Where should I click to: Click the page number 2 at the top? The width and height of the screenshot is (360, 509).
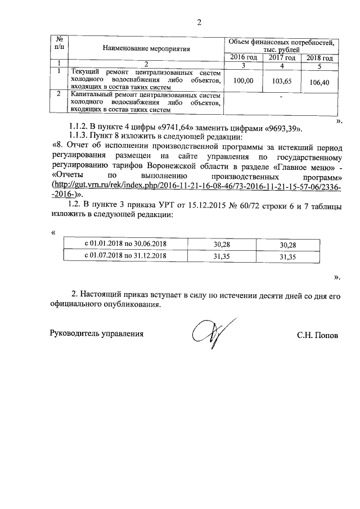click(199, 23)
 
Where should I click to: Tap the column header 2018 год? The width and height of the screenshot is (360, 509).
click(318, 58)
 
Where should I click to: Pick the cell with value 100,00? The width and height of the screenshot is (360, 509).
click(243, 81)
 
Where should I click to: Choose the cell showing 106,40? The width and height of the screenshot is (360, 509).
click(318, 82)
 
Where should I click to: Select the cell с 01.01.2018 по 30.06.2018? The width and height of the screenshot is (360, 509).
click(125, 244)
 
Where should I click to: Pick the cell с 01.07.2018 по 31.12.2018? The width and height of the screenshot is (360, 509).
click(125, 255)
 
